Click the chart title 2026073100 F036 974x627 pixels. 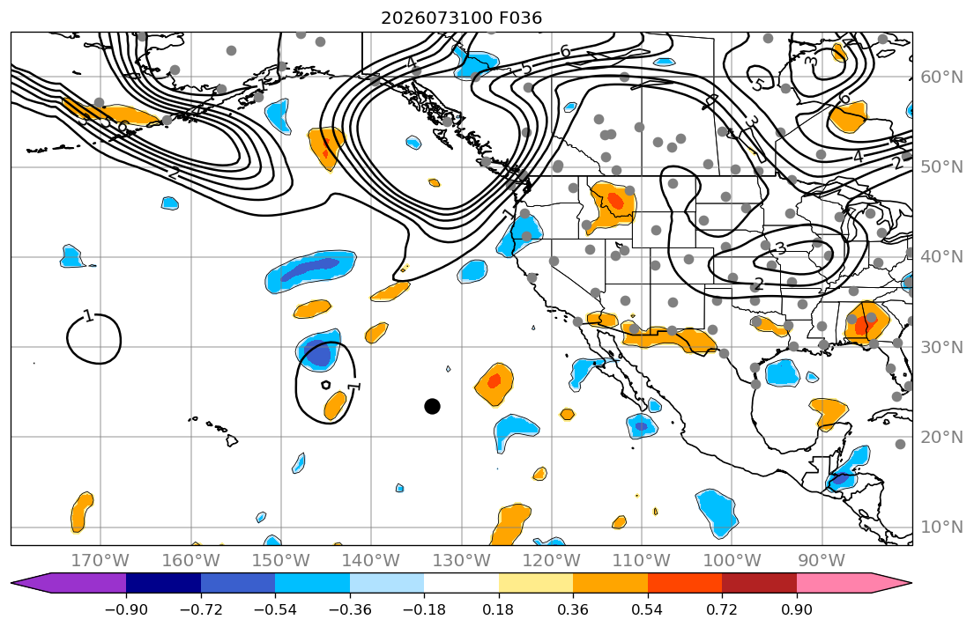[461, 18]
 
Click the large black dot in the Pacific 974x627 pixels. [432, 407]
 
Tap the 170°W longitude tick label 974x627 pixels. [100, 561]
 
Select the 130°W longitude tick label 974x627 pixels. [461, 561]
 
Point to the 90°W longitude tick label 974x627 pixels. [822, 561]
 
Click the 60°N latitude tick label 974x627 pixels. [941, 77]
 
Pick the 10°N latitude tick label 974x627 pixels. [941, 527]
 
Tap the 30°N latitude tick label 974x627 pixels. [941, 347]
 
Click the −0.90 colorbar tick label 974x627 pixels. [126, 609]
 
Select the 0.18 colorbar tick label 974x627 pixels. [498, 609]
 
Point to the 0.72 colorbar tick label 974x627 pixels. [722, 609]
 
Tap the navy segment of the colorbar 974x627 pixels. [163, 583]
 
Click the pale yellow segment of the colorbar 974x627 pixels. [535, 583]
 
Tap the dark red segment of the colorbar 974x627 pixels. [759, 583]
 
